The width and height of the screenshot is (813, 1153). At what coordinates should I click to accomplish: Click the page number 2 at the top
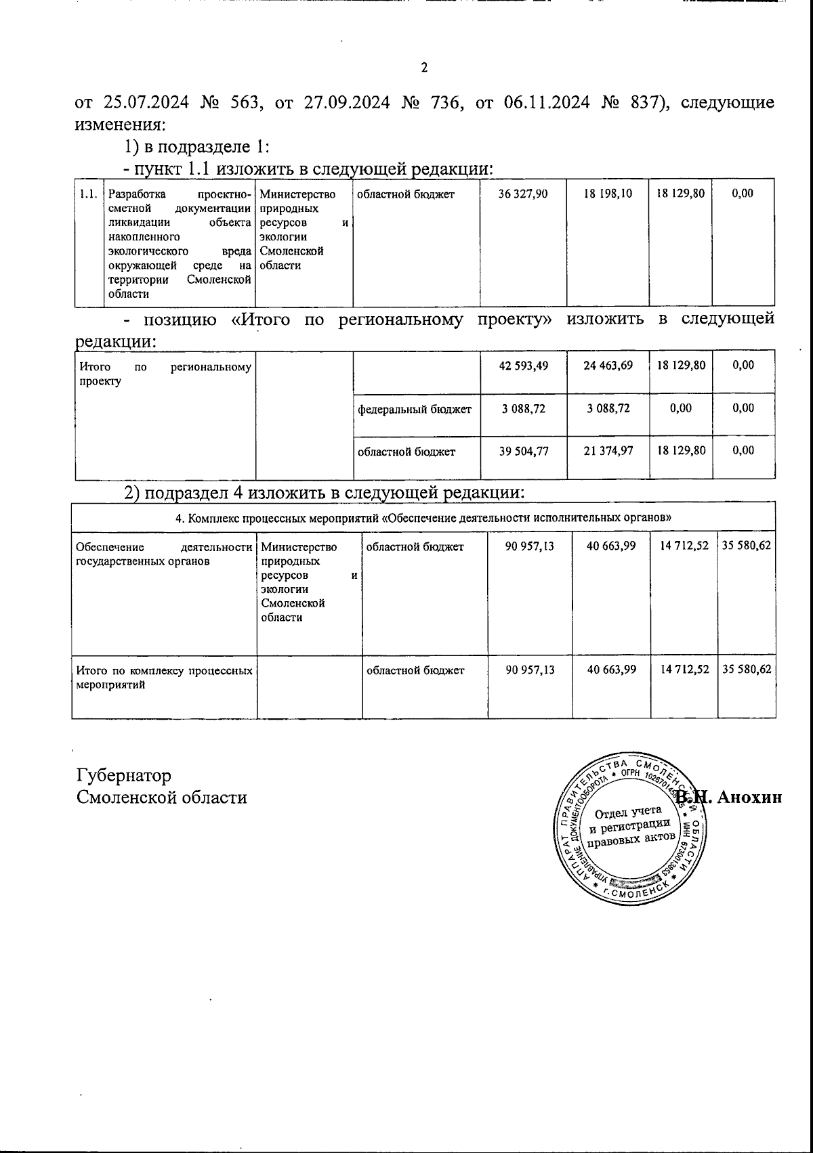(x=424, y=68)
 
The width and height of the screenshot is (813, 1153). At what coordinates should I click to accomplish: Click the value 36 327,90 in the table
(x=523, y=194)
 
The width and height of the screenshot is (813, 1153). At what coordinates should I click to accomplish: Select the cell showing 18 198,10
(x=608, y=194)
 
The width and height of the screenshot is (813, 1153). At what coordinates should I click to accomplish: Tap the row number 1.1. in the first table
(x=88, y=194)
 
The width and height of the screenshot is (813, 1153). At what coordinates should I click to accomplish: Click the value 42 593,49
(x=523, y=366)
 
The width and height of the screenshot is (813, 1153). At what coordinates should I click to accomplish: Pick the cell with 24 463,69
(x=608, y=366)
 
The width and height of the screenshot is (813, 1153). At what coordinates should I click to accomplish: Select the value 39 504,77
(x=523, y=452)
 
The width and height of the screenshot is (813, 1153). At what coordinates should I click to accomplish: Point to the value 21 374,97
(x=608, y=452)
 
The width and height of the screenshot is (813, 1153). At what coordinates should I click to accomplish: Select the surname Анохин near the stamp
(x=749, y=797)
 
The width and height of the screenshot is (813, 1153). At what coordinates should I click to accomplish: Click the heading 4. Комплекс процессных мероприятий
(x=423, y=517)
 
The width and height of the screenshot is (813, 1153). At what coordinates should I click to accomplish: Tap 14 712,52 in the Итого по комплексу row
(x=684, y=670)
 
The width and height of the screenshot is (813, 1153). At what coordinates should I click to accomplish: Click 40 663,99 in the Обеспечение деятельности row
(x=611, y=546)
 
